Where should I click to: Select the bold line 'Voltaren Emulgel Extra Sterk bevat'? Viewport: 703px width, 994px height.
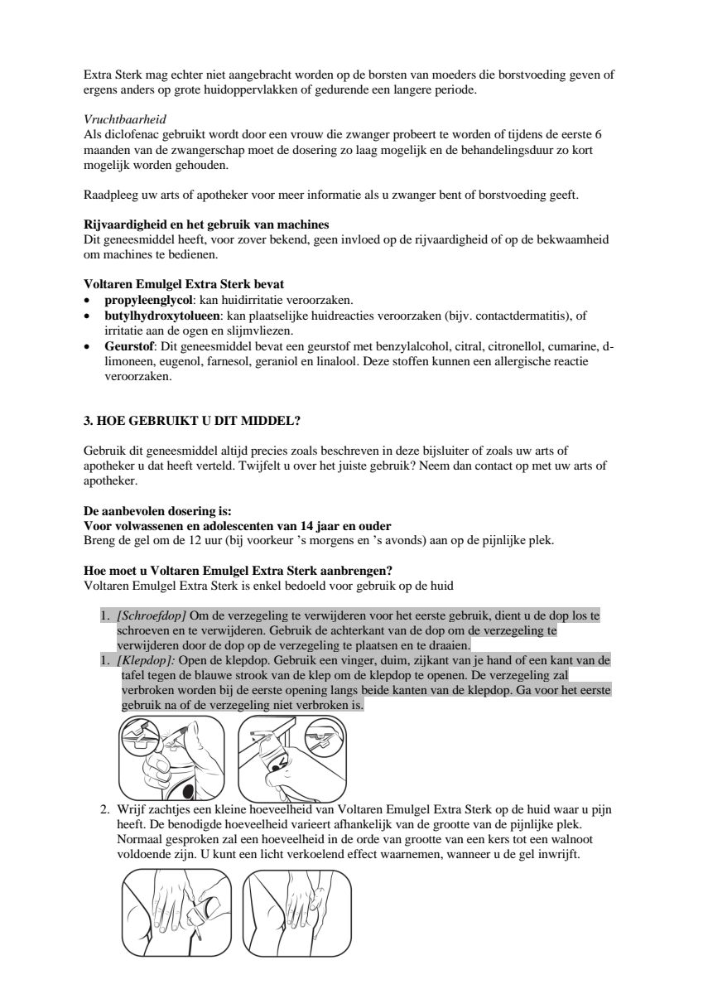click(x=185, y=284)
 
